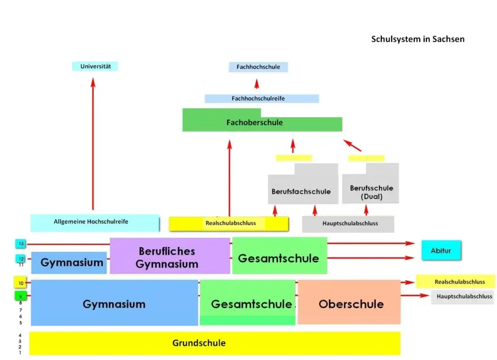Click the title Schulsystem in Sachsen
click(418, 39)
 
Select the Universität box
click(95, 66)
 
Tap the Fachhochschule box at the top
click(258, 67)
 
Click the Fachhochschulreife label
click(258, 98)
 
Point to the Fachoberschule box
click(262, 122)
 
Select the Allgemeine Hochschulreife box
click(95, 223)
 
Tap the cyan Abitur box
click(441, 251)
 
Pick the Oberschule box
click(349, 302)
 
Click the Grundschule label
click(199, 343)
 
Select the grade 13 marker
click(20, 243)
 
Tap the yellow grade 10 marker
click(20, 283)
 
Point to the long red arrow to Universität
click(93, 144)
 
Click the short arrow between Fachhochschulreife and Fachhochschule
click(257, 84)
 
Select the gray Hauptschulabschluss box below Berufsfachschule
click(348, 224)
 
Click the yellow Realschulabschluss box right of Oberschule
click(455, 282)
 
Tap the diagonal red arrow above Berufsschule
click(352, 145)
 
